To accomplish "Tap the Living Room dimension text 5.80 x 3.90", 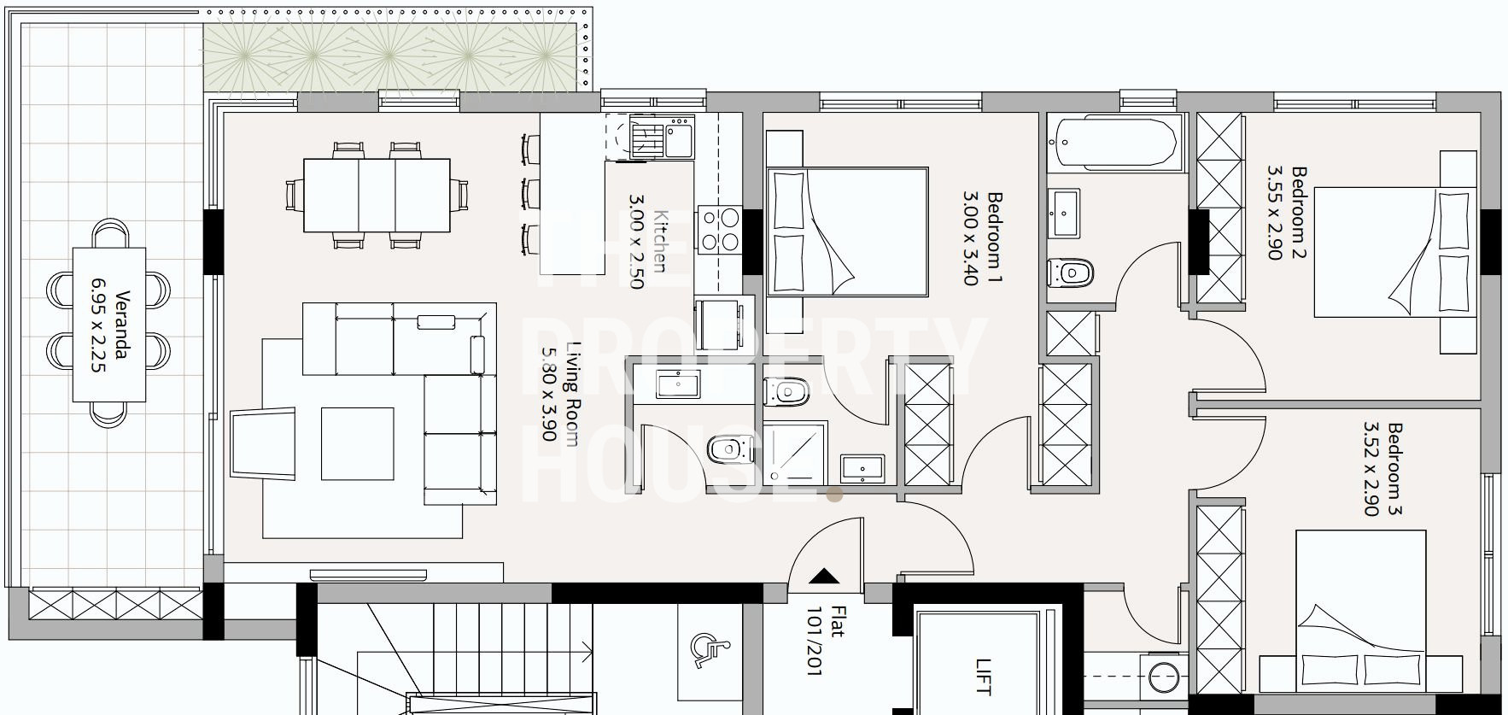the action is point(549,394).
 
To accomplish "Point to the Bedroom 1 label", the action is point(994,237).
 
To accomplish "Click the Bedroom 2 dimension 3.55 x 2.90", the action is point(1275,213).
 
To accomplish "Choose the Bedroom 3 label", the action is point(1394,469).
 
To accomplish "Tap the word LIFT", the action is point(984,676).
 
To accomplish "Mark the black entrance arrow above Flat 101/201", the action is point(823,576).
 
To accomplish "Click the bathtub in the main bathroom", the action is point(1116,143).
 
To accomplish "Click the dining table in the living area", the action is point(377,196).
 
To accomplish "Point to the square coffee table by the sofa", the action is point(357,443).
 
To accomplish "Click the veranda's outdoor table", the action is point(109,325).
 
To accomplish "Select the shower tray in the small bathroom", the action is point(795,454).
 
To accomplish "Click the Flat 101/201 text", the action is point(827,641).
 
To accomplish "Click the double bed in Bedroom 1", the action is point(847,232).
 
